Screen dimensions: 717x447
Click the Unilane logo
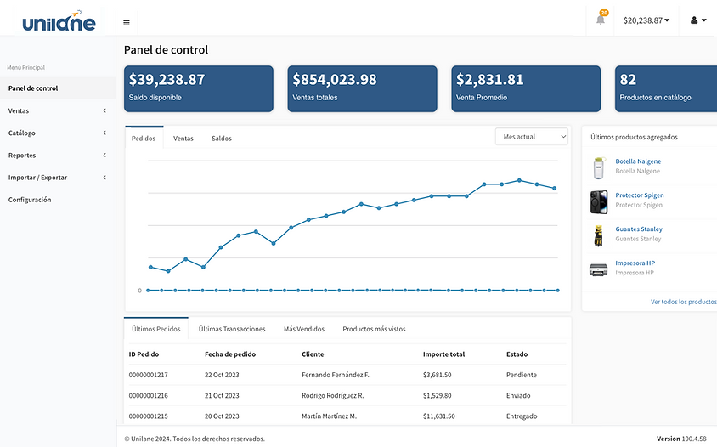click(x=59, y=21)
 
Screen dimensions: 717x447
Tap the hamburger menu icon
click(x=127, y=23)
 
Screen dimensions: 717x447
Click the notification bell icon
click(x=601, y=20)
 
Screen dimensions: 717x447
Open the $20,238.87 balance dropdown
click(x=646, y=20)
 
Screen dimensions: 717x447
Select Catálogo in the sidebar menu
click(x=22, y=133)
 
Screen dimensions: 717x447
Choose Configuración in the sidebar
click(x=30, y=200)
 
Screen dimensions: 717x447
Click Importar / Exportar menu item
click(x=37, y=178)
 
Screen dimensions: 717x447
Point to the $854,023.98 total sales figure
click(x=335, y=80)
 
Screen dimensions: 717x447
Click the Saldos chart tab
click(x=222, y=139)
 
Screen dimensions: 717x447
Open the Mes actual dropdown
click(x=532, y=137)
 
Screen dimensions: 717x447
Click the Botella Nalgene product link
click(x=638, y=161)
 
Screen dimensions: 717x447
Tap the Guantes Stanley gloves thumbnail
click(x=598, y=235)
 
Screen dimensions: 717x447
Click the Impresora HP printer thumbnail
click(x=599, y=269)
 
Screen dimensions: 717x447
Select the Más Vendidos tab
click(x=304, y=329)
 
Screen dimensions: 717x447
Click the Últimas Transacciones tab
click(x=232, y=329)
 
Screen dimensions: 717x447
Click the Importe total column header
click(x=443, y=354)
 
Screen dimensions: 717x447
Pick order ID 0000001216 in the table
click(x=148, y=395)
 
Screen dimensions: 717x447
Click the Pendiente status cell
click(x=522, y=375)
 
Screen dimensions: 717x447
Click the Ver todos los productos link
click(x=684, y=302)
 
